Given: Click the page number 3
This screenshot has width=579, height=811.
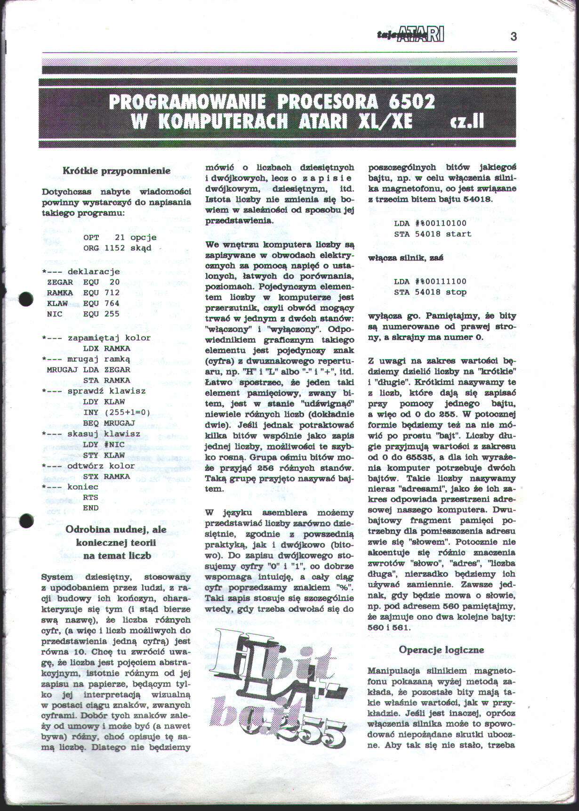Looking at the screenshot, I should pyautogui.click(x=514, y=36).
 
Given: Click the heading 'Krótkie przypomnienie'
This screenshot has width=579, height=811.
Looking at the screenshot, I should pyautogui.click(x=117, y=171).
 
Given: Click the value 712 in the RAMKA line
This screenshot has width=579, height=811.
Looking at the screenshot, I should pyautogui.click(x=112, y=293).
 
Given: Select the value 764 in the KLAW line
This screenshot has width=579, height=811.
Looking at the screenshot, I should pyautogui.click(x=112, y=303).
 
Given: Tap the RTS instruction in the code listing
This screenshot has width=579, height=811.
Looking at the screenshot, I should pyautogui.click(x=90, y=497).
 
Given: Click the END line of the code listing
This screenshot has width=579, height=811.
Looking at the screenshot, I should pyautogui.click(x=90, y=508).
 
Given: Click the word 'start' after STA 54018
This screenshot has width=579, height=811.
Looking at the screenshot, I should pyautogui.click(x=458, y=234).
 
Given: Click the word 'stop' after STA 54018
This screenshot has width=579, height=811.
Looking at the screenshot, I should pyautogui.click(x=456, y=292).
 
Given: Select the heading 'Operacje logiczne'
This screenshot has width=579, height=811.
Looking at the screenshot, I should pyautogui.click(x=442, y=650).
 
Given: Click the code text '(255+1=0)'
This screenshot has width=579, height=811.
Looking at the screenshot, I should pyautogui.click(x=127, y=412).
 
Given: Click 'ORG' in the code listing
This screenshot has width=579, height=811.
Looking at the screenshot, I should pyautogui.click(x=91, y=248).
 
